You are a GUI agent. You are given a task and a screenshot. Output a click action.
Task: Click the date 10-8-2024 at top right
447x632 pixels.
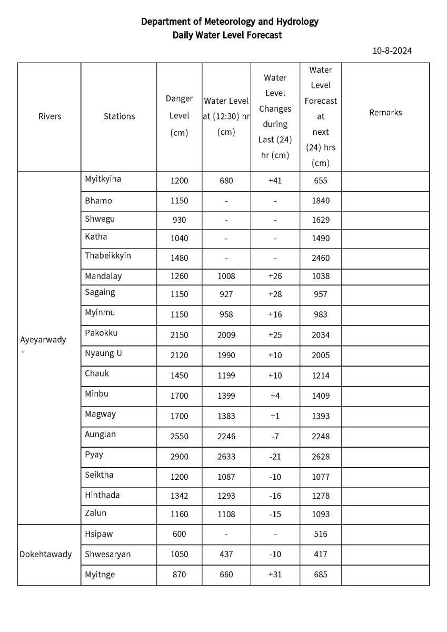pyautogui.click(x=392, y=51)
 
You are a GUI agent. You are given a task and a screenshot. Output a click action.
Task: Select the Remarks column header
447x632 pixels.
pyautogui.click(x=385, y=113)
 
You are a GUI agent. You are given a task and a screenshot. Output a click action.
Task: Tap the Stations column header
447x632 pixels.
pyautogui.click(x=119, y=116)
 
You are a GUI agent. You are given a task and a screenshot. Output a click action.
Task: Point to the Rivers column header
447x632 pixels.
pyautogui.click(x=49, y=116)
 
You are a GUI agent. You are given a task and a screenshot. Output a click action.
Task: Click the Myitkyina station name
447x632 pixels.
pyautogui.click(x=103, y=179)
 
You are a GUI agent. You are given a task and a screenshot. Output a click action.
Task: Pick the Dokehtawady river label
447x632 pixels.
pyautogui.click(x=46, y=554)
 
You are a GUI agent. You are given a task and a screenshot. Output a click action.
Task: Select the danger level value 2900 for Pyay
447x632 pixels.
pyautogui.click(x=179, y=457)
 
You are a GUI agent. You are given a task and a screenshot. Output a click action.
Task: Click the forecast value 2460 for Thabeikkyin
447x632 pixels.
pyautogui.click(x=320, y=259)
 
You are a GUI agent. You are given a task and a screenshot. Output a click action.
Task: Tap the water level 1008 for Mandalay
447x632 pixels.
pyautogui.click(x=226, y=276)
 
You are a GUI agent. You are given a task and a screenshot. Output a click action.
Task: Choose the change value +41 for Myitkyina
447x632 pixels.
pyautogui.click(x=275, y=181)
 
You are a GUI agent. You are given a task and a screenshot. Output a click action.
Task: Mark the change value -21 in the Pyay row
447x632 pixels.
pyautogui.click(x=275, y=457)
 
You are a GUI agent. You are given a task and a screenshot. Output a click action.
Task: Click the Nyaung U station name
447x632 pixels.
pyautogui.click(x=103, y=353)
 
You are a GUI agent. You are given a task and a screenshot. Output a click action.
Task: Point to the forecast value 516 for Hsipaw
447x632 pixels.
pyautogui.click(x=320, y=534)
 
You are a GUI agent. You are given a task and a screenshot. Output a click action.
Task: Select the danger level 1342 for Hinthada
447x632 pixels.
pyautogui.click(x=179, y=496)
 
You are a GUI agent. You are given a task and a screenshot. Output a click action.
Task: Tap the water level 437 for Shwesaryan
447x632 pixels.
pyautogui.click(x=226, y=554)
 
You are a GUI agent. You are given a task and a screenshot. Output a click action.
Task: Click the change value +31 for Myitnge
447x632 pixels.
pyautogui.click(x=275, y=575)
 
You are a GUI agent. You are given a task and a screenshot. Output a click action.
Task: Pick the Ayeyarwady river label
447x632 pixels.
pyautogui.click(x=43, y=340)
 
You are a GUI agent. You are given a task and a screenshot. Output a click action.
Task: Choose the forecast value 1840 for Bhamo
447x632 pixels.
pyautogui.click(x=320, y=201)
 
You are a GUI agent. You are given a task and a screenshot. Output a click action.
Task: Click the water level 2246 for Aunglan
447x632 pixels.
pyautogui.click(x=226, y=436)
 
